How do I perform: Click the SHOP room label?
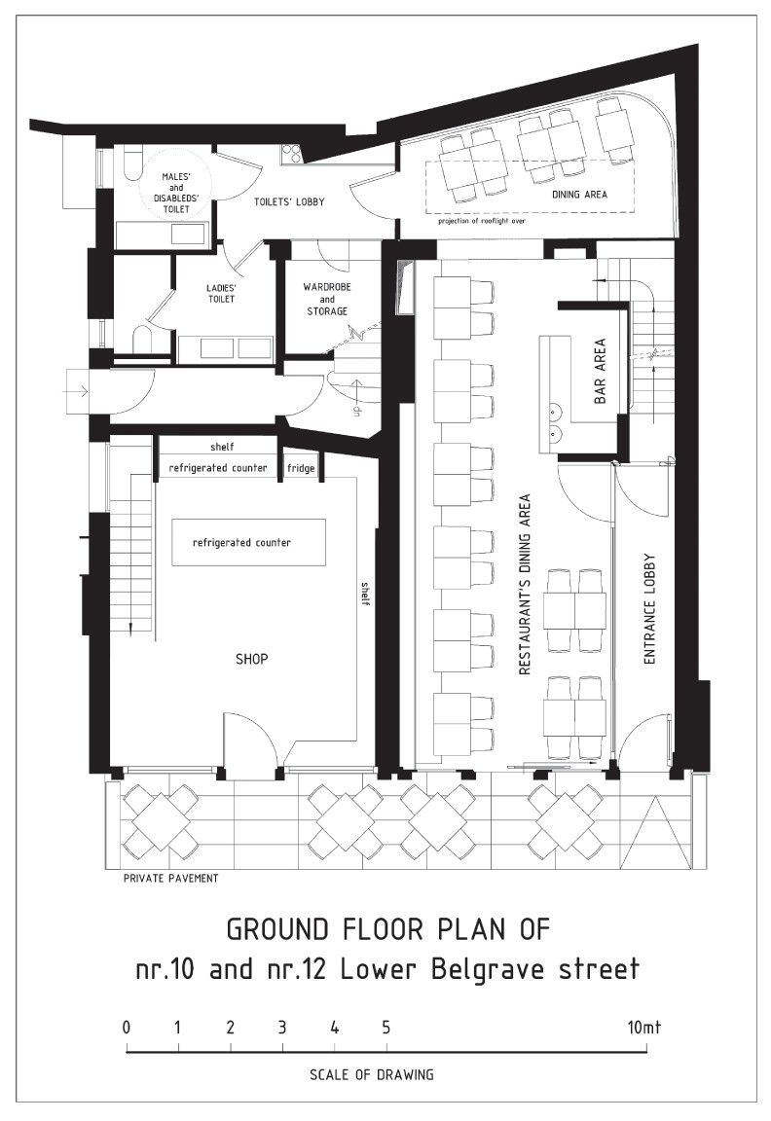pyautogui.click(x=252, y=659)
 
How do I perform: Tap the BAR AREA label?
pyautogui.click(x=600, y=371)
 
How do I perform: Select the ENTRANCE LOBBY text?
pyautogui.click(x=649, y=609)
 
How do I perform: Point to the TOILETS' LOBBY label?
pyautogui.click(x=289, y=201)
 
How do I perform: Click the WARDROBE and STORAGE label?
pyautogui.click(x=327, y=299)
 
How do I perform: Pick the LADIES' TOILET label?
pyautogui.click(x=222, y=293)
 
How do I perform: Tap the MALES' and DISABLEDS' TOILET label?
pyautogui.click(x=176, y=193)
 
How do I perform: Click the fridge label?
pyautogui.click(x=301, y=468)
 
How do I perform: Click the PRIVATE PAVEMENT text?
pyautogui.click(x=171, y=878)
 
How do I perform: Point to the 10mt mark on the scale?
pyautogui.click(x=644, y=1028)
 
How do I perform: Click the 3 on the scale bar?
pyautogui.click(x=282, y=1028)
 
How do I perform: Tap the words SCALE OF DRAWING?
pyautogui.click(x=371, y=1074)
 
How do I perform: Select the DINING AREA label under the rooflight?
pyautogui.click(x=579, y=194)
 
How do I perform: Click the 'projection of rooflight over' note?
pyautogui.click(x=482, y=221)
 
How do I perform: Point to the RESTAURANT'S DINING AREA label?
pyautogui.click(x=525, y=584)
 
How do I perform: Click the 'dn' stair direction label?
pyautogui.click(x=353, y=411)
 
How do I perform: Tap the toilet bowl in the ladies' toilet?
pyautogui.click(x=141, y=342)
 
